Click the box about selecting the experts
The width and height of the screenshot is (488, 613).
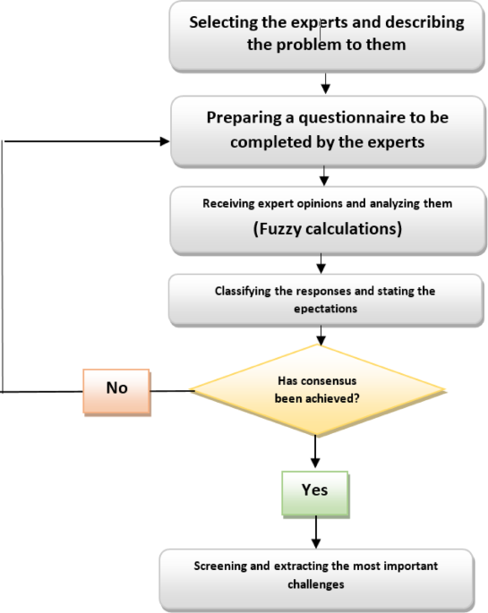326,36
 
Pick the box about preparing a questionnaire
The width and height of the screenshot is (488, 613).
326,131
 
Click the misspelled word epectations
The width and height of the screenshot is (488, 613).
326,309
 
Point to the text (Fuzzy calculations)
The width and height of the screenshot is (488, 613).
326,228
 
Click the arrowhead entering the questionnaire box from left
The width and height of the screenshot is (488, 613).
164,141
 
